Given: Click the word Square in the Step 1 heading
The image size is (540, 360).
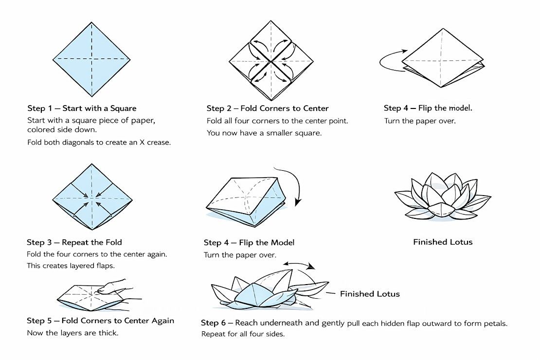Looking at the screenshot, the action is tap(123, 108).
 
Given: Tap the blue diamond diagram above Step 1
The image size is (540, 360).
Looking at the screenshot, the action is tap(91, 59).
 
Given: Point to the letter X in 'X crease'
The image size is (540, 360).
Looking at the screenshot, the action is tap(142, 142).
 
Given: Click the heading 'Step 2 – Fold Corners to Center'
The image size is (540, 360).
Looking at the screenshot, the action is tap(268, 108).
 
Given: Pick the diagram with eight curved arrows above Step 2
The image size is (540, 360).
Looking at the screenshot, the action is tap(271, 61).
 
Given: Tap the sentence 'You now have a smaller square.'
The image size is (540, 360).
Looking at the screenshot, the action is tap(264, 133).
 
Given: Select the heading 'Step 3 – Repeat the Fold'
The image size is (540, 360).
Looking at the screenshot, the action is tap(74, 242).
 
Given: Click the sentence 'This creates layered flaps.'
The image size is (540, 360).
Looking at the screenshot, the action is tap(71, 266).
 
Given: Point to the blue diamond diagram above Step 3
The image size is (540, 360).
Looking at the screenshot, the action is tap(92, 197).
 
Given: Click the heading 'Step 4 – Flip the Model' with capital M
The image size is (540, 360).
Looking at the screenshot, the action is tap(249, 243).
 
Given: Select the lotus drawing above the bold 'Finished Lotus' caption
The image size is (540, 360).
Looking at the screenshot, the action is tap(443, 197).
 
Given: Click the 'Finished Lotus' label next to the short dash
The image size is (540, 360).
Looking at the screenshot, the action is tap(370, 294).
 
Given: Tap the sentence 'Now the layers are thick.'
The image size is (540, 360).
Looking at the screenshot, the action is tap(72, 333).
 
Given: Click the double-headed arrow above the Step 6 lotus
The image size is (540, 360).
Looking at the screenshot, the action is tap(299, 264).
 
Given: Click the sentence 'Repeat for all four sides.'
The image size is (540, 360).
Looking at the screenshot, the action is tap(243, 334).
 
